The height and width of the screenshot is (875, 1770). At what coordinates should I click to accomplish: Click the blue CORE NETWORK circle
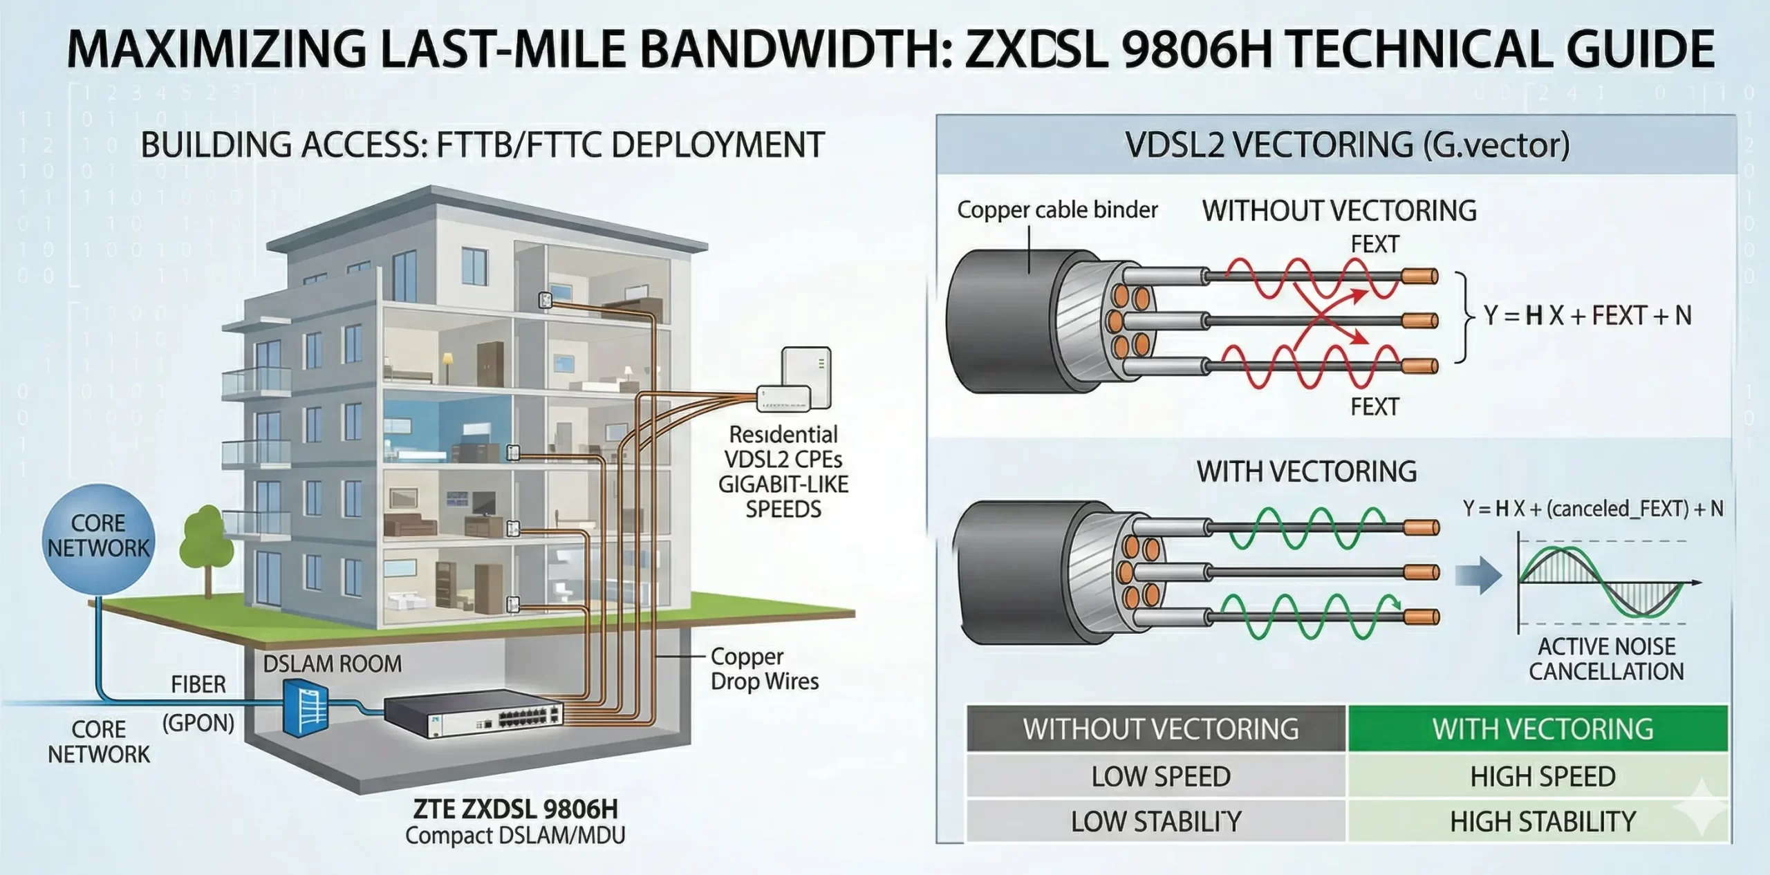coord(98,537)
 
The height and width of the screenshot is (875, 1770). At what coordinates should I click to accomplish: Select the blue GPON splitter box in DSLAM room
coord(305,708)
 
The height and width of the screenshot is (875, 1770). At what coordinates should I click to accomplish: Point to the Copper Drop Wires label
coord(764,669)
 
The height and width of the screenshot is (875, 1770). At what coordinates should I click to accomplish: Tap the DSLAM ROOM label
coord(332,664)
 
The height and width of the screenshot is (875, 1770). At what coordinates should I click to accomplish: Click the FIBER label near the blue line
coord(198,685)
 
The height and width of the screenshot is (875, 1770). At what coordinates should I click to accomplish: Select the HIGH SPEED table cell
coord(1542,777)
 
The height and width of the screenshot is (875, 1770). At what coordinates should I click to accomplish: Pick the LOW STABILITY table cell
coord(1156,822)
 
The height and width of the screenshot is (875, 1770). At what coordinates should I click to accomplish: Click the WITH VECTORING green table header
coord(1542,729)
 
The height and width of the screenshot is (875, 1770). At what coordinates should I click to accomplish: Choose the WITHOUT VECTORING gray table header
coord(1160,729)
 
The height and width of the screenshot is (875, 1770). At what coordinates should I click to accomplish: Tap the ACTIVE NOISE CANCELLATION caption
coord(1605,659)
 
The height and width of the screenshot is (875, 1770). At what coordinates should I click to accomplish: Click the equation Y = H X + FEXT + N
coord(1587,316)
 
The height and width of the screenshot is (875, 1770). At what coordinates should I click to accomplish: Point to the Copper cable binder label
coord(1056,210)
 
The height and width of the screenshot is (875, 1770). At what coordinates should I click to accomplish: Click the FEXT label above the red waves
coord(1375,244)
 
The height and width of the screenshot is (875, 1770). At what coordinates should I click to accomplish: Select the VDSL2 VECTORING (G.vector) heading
coord(1347,145)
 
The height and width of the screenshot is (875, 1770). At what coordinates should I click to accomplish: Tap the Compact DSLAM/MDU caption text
coord(515,836)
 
